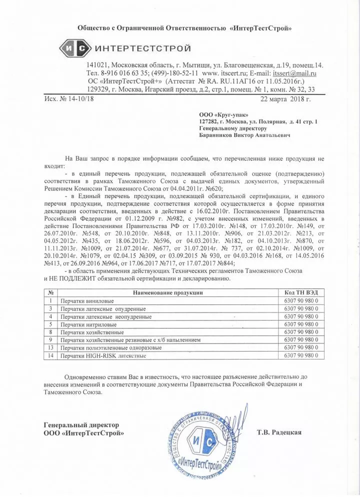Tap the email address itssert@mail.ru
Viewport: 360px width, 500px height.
click(x=294, y=73)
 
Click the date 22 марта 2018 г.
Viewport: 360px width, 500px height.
click(x=286, y=98)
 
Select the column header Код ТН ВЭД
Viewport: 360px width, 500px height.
click(x=301, y=292)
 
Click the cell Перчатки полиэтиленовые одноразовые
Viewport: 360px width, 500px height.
click(x=111, y=347)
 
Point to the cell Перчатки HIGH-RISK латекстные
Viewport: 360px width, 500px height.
click(x=103, y=355)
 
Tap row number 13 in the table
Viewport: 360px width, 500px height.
click(x=50, y=347)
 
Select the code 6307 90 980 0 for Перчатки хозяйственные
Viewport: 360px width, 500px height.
click(x=301, y=332)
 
